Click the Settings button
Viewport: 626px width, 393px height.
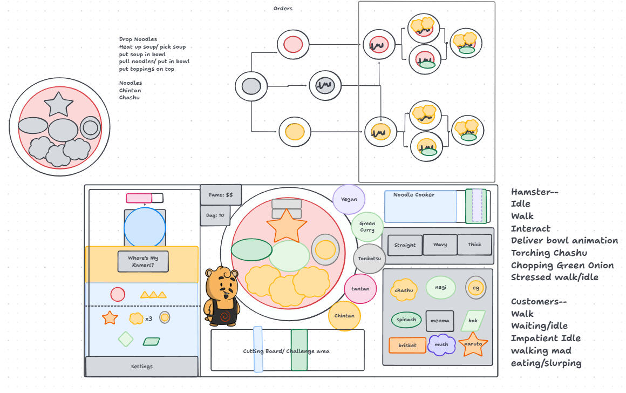[142, 367]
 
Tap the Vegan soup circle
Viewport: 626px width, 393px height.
[349, 199]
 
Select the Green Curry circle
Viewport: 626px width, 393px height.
[368, 227]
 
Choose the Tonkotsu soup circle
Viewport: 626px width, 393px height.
[370, 259]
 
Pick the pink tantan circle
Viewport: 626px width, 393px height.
[360, 289]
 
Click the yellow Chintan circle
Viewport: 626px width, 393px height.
[344, 316]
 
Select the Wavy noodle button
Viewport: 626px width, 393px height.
[440, 245]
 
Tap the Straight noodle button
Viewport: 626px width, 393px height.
[405, 245]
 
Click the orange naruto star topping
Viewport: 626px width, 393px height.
[473, 344]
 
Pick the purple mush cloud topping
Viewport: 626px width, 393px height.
[441, 344]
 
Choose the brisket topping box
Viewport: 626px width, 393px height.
[407, 345]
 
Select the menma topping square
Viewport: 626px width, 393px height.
[440, 321]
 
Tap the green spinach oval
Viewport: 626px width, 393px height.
[406, 320]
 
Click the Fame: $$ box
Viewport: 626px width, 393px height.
[221, 195]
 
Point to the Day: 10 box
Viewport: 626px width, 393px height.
[215, 215]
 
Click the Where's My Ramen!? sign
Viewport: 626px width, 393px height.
[143, 262]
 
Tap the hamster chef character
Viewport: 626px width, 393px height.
[222, 296]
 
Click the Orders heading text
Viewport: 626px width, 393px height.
[283, 9]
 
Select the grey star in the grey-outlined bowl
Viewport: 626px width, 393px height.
[58, 104]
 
